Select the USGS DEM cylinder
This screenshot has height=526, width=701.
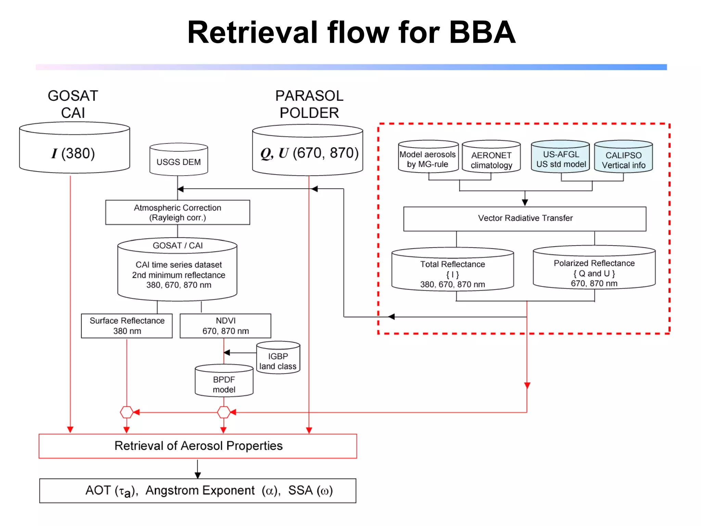pyautogui.click(x=179, y=161)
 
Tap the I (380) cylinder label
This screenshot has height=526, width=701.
pyautogui.click(x=73, y=153)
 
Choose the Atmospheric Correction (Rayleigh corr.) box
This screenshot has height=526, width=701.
pyautogui.click(x=177, y=212)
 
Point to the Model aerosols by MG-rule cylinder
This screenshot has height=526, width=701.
pyautogui.click(x=428, y=159)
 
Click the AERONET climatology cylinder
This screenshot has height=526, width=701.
pyautogui.click(x=491, y=159)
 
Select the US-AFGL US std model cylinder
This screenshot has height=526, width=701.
pyautogui.click(x=561, y=159)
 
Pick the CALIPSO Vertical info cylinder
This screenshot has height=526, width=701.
pyautogui.click(x=623, y=159)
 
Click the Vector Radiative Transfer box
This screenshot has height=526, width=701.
pyautogui.click(x=525, y=218)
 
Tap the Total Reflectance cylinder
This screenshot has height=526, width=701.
pyautogui.click(x=453, y=272)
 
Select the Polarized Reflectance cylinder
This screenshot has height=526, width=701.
pyautogui.click(x=594, y=271)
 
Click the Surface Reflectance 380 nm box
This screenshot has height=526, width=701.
pyautogui.click(x=127, y=326)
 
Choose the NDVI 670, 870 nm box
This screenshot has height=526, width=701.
pyautogui.click(x=225, y=326)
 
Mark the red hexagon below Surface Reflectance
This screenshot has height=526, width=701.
pyautogui.click(x=127, y=412)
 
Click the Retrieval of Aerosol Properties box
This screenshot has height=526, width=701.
pyautogui.click(x=198, y=446)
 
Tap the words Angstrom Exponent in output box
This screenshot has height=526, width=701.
pyautogui.click(x=200, y=490)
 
